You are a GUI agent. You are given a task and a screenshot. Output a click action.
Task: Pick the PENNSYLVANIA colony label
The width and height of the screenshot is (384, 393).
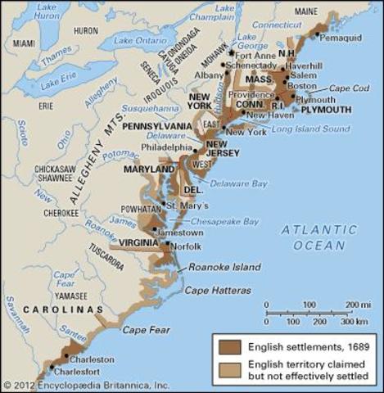[x=157, y=126]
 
